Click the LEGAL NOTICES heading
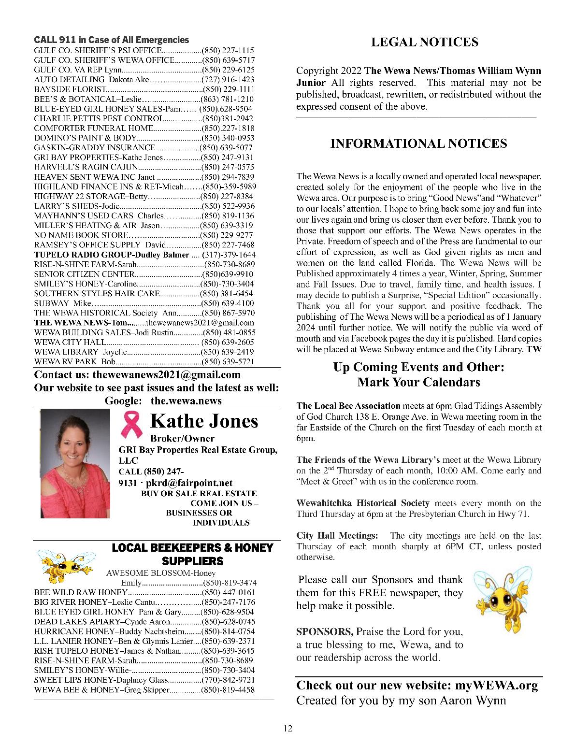(x=424, y=42)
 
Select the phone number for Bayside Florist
(x=228, y=89)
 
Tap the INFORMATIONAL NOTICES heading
(x=418, y=143)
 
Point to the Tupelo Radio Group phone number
(x=229, y=255)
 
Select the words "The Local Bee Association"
(x=348, y=406)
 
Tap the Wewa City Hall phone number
(x=228, y=342)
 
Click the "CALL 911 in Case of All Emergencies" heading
(x=112, y=40)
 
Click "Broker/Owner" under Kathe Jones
(x=182, y=439)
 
